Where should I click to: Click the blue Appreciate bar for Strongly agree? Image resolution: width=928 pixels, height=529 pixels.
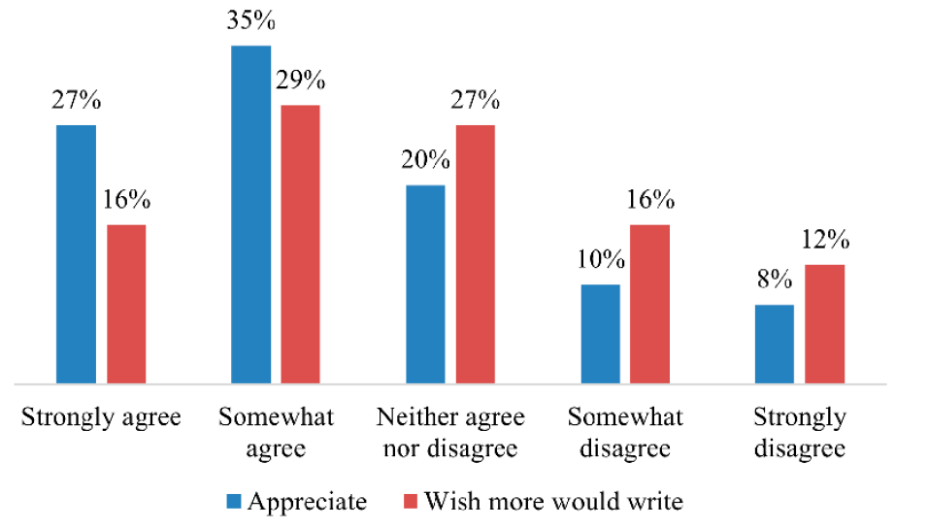[x=77, y=254]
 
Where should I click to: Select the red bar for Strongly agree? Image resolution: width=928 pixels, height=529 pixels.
[x=126, y=304]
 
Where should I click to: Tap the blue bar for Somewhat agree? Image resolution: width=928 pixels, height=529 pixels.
[x=251, y=215]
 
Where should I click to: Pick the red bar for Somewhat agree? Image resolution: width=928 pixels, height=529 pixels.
[x=300, y=244]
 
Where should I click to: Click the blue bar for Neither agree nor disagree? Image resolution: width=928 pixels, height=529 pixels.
[x=425, y=283]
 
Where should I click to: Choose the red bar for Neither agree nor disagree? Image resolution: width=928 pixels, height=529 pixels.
[x=475, y=254]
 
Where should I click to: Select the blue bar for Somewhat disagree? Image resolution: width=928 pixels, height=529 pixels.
[x=600, y=334]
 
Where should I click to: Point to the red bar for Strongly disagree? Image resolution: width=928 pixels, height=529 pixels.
[x=824, y=324]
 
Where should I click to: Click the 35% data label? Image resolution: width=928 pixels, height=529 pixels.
[x=250, y=22]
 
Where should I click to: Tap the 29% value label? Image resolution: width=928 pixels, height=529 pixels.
[x=302, y=82]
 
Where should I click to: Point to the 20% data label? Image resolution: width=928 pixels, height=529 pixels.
[x=424, y=161]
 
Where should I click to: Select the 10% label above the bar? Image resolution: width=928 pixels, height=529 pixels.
[x=599, y=260]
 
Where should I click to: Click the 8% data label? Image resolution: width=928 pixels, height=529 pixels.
[x=774, y=281]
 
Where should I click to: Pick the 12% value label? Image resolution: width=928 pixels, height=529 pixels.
[x=825, y=241]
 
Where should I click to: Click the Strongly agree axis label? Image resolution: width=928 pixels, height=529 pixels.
[x=101, y=418]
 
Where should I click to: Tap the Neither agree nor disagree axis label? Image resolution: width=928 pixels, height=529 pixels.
[x=450, y=433]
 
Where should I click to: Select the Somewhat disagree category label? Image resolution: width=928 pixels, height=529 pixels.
[x=625, y=433]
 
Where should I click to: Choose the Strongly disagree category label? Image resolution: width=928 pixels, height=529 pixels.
[x=800, y=433]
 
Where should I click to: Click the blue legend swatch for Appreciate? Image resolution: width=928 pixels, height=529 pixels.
[x=234, y=502]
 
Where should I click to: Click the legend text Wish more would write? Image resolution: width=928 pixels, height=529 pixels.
[x=554, y=502]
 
